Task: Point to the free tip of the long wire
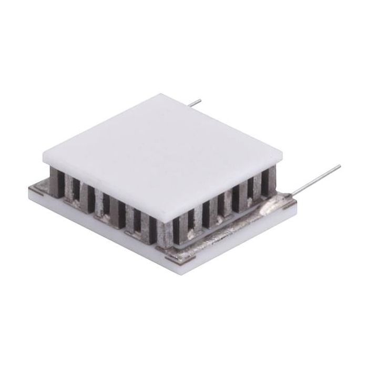click(x=339, y=167)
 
